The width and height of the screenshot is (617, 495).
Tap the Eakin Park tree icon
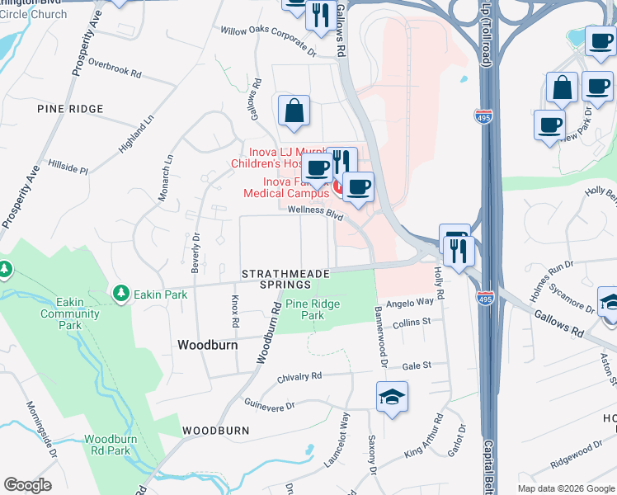(121, 294)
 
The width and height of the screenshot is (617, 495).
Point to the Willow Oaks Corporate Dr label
(268, 41)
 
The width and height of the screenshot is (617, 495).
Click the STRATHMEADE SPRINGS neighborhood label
(286, 278)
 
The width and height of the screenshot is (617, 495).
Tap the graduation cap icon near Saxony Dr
(392, 398)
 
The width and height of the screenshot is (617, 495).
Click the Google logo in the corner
(27, 484)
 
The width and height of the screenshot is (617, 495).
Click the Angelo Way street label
(410, 302)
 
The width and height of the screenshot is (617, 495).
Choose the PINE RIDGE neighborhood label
(70, 109)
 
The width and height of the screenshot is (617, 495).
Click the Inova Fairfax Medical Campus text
(285, 187)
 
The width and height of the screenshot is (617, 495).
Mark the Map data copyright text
(565, 488)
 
